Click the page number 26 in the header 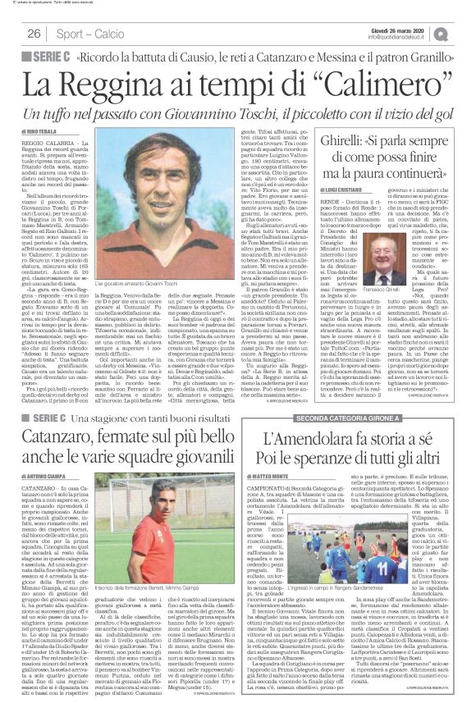tap(34, 33)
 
